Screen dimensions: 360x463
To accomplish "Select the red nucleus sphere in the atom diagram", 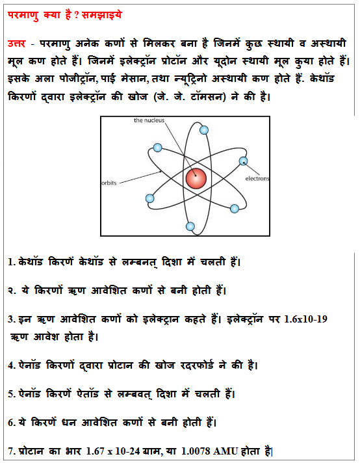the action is pos(196,178).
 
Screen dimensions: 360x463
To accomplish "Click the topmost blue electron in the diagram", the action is pos(204,130).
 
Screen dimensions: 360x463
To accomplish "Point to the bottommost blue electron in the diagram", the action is pos(190,226).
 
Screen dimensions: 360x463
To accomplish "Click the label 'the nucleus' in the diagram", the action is pos(149,121).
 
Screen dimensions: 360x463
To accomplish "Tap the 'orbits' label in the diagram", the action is pos(108,183).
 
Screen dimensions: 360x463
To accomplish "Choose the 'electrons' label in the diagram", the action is pos(257,178).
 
